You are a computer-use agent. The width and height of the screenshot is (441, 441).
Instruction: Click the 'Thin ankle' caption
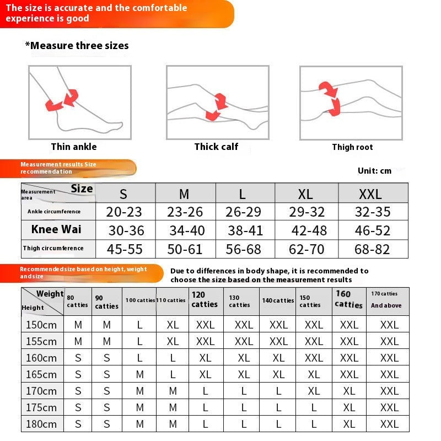(x=74, y=147)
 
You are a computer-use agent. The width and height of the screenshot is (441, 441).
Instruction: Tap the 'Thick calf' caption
(x=216, y=147)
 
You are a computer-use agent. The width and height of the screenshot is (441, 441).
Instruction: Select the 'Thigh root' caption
(x=352, y=147)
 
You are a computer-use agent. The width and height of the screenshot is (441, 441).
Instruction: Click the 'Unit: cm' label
(x=374, y=171)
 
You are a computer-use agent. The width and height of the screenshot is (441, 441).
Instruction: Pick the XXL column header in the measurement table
(x=370, y=194)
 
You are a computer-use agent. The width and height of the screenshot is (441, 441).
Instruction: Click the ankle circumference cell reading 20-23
(x=125, y=212)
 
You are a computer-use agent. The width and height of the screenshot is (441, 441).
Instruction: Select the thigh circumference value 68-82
(x=372, y=249)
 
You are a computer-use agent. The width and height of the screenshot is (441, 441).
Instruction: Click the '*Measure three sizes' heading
(x=77, y=46)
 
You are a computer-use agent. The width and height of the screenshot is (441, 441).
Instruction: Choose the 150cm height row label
(x=42, y=325)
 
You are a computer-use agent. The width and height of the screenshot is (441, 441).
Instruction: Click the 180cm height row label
(x=42, y=424)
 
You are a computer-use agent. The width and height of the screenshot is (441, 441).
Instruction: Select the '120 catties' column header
(x=205, y=300)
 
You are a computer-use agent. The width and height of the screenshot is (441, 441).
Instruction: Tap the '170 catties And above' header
(x=386, y=300)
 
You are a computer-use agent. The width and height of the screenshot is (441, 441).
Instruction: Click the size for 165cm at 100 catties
(x=139, y=374)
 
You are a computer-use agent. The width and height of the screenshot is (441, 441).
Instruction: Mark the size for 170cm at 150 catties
(x=314, y=391)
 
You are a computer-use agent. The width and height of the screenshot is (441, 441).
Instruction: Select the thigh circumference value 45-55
(x=125, y=249)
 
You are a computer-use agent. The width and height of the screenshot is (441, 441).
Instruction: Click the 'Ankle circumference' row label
(x=54, y=212)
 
